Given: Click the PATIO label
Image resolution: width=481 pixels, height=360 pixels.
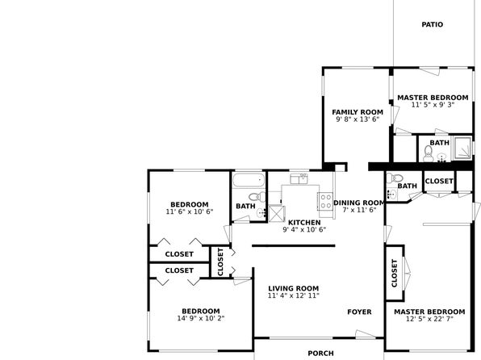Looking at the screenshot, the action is [432, 24].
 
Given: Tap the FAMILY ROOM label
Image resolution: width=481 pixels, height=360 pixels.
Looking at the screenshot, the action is [358, 112].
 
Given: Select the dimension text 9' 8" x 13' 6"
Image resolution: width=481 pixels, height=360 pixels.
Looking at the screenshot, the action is [358, 119].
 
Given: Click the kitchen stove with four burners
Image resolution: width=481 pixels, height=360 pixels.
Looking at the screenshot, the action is [325, 201].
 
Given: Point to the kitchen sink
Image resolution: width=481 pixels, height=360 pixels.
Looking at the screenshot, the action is [299, 178].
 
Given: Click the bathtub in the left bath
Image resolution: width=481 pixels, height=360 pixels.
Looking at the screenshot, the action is [249, 180].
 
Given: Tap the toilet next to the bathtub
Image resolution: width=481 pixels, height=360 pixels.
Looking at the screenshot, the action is [257, 196].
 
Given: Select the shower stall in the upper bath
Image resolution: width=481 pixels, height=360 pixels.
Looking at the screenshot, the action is [462, 148].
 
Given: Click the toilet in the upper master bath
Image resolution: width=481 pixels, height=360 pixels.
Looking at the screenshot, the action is [428, 153].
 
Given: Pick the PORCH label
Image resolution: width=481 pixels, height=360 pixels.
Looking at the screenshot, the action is [320, 354].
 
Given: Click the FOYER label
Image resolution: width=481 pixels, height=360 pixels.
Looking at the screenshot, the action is [359, 312].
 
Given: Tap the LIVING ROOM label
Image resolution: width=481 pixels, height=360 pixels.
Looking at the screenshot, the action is [294, 288].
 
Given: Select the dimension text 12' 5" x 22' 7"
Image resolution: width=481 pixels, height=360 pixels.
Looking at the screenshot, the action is [429, 319].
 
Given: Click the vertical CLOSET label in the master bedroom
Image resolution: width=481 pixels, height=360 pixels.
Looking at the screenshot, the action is [395, 273].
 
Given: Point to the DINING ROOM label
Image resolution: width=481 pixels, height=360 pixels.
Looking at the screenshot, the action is [359, 203].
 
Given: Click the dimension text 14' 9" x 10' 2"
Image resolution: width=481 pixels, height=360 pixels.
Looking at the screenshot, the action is [201, 318].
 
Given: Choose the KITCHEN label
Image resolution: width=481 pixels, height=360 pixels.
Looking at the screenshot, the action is [304, 223].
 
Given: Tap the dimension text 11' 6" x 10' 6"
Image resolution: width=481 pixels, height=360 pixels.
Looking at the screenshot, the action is [190, 211].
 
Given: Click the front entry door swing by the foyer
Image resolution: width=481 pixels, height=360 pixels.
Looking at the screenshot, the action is [366, 334].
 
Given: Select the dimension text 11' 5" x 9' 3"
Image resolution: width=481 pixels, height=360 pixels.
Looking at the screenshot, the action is [433, 105].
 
